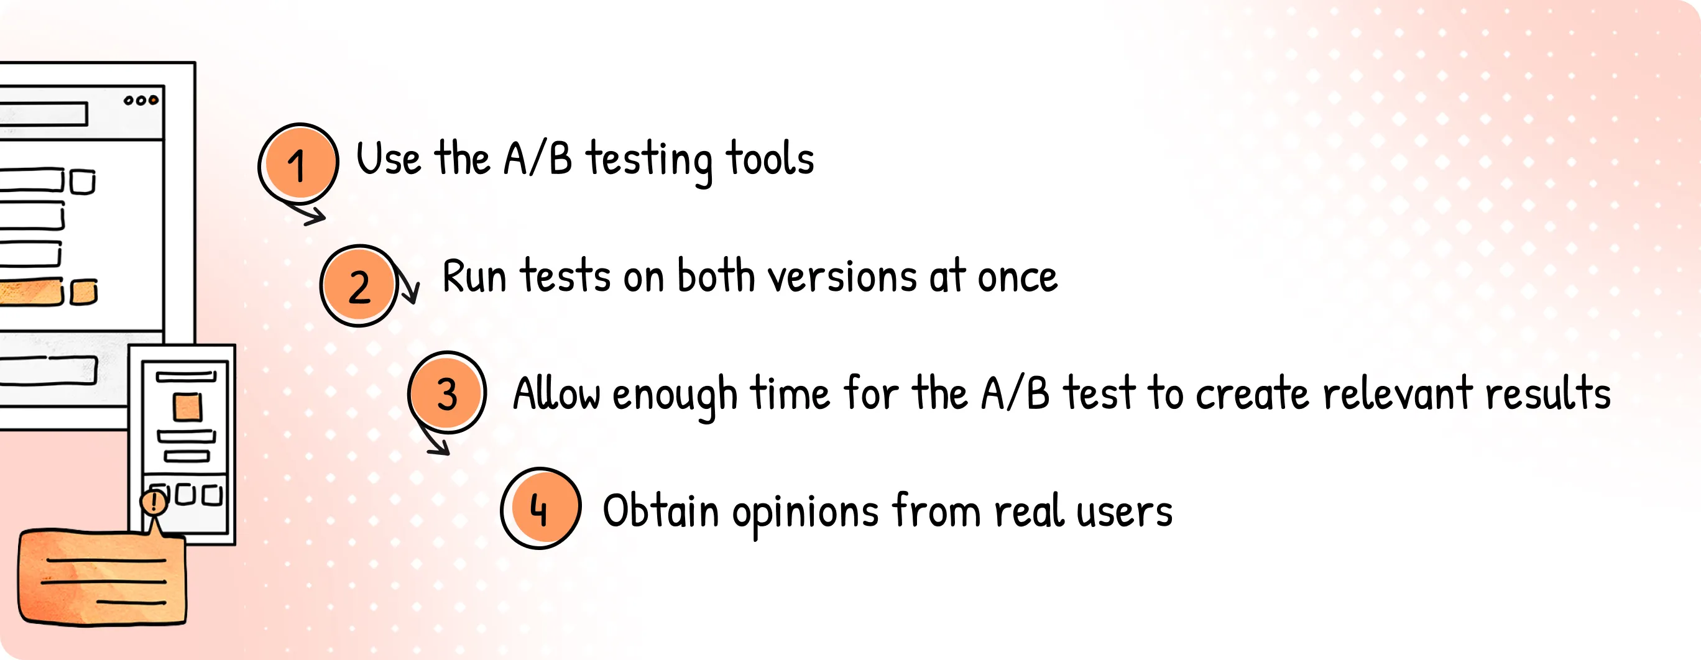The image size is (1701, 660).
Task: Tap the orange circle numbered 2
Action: click(359, 286)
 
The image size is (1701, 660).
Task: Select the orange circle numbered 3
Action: click(447, 393)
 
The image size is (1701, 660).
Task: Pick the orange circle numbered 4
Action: click(541, 508)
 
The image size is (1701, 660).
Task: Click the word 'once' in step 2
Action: click(1018, 277)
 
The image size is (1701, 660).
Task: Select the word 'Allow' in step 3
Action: click(556, 393)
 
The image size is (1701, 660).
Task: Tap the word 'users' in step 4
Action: click(1125, 512)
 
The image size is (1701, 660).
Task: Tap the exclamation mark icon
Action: click(154, 502)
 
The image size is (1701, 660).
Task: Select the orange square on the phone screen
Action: click(188, 407)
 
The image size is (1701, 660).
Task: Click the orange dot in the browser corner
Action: click(153, 100)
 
